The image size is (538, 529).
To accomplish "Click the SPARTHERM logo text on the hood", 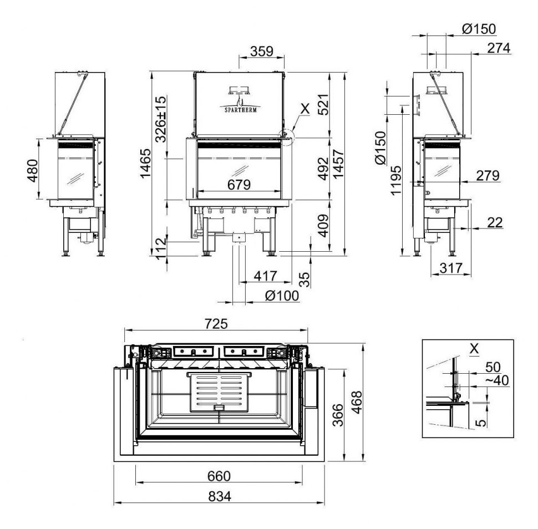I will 239,109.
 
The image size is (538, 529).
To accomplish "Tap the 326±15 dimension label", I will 161,119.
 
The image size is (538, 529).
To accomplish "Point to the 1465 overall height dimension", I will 146,163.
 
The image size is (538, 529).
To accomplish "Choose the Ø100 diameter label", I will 282,295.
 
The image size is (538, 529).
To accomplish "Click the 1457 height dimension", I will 337,163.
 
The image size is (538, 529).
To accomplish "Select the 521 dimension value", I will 323,104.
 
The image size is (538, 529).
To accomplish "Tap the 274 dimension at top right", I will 499,48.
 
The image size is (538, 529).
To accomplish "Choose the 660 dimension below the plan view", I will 219,475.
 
